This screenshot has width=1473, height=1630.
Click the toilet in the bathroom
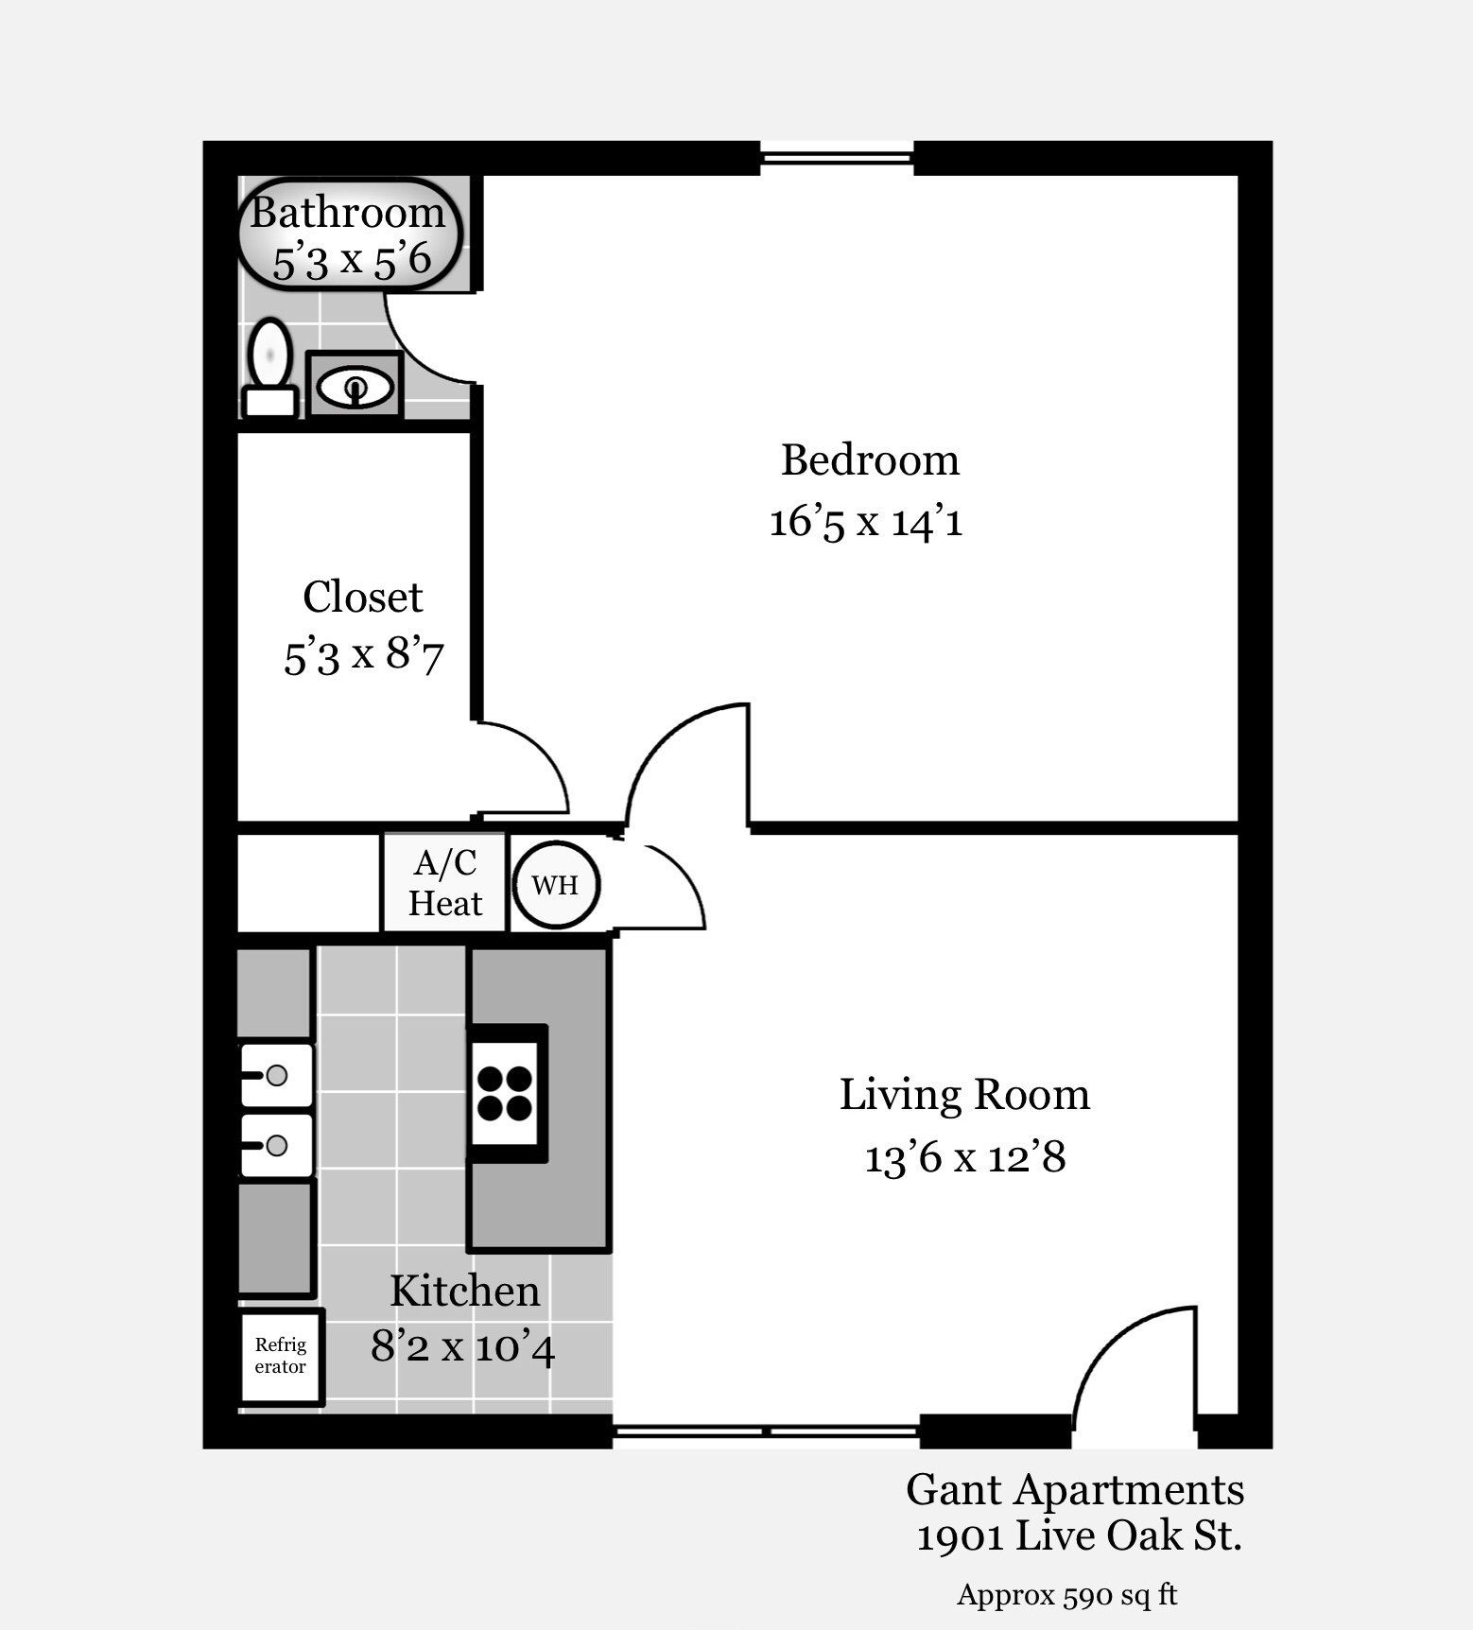270,368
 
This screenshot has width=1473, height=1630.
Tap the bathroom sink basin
355,387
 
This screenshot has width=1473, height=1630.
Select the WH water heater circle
556,884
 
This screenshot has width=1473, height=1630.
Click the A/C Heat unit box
444,883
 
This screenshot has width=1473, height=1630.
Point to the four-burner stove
505,1093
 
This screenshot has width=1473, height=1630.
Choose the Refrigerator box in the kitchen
281,1356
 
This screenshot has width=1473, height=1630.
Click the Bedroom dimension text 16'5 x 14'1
866,521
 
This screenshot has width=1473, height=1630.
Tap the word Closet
363,597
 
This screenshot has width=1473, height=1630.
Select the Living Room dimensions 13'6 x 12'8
965,1156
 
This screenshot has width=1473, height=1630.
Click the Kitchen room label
464,1291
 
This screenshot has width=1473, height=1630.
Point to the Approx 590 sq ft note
1067,1595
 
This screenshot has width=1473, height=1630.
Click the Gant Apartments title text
1075,1490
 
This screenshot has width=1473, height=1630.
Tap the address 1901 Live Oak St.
1079,1535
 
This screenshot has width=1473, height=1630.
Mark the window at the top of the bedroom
837,158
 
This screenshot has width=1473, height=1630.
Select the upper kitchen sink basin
276,1075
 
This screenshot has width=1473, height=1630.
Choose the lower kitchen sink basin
276,1145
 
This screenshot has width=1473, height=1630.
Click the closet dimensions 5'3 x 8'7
363,655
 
